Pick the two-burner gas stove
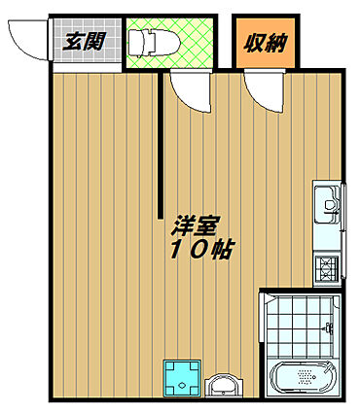328,269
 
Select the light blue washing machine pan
182,378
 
